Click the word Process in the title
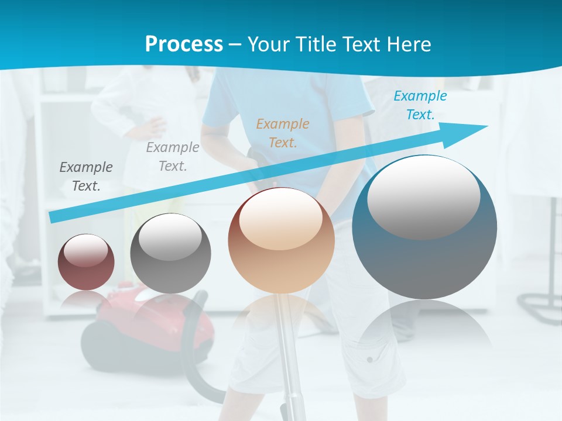[184, 44]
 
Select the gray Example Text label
[173, 156]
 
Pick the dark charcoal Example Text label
[86, 176]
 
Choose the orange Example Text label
[283, 133]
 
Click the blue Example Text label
[420, 105]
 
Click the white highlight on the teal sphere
[423, 196]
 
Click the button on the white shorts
[369, 358]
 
